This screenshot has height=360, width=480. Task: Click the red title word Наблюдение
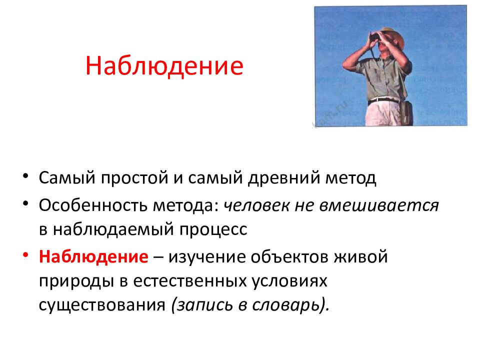[164, 66]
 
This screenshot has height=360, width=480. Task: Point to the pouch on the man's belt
[406, 112]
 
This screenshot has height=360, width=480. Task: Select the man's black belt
[383, 100]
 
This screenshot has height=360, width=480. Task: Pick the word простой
[134, 178]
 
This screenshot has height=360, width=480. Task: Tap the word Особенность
[93, 205]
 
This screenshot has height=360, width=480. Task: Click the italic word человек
[256, 205]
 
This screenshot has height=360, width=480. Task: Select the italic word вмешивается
[379, 205]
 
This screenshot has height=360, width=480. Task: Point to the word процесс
[213, 229]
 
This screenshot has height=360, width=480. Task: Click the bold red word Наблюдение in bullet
[93, 256]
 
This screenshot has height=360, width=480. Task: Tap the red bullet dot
[25, 255]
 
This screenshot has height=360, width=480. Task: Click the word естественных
[190, 281]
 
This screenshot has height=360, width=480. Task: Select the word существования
[102, 305]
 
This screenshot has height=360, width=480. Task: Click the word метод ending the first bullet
[350, 178]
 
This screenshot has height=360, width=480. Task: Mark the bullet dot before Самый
[25, 176]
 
